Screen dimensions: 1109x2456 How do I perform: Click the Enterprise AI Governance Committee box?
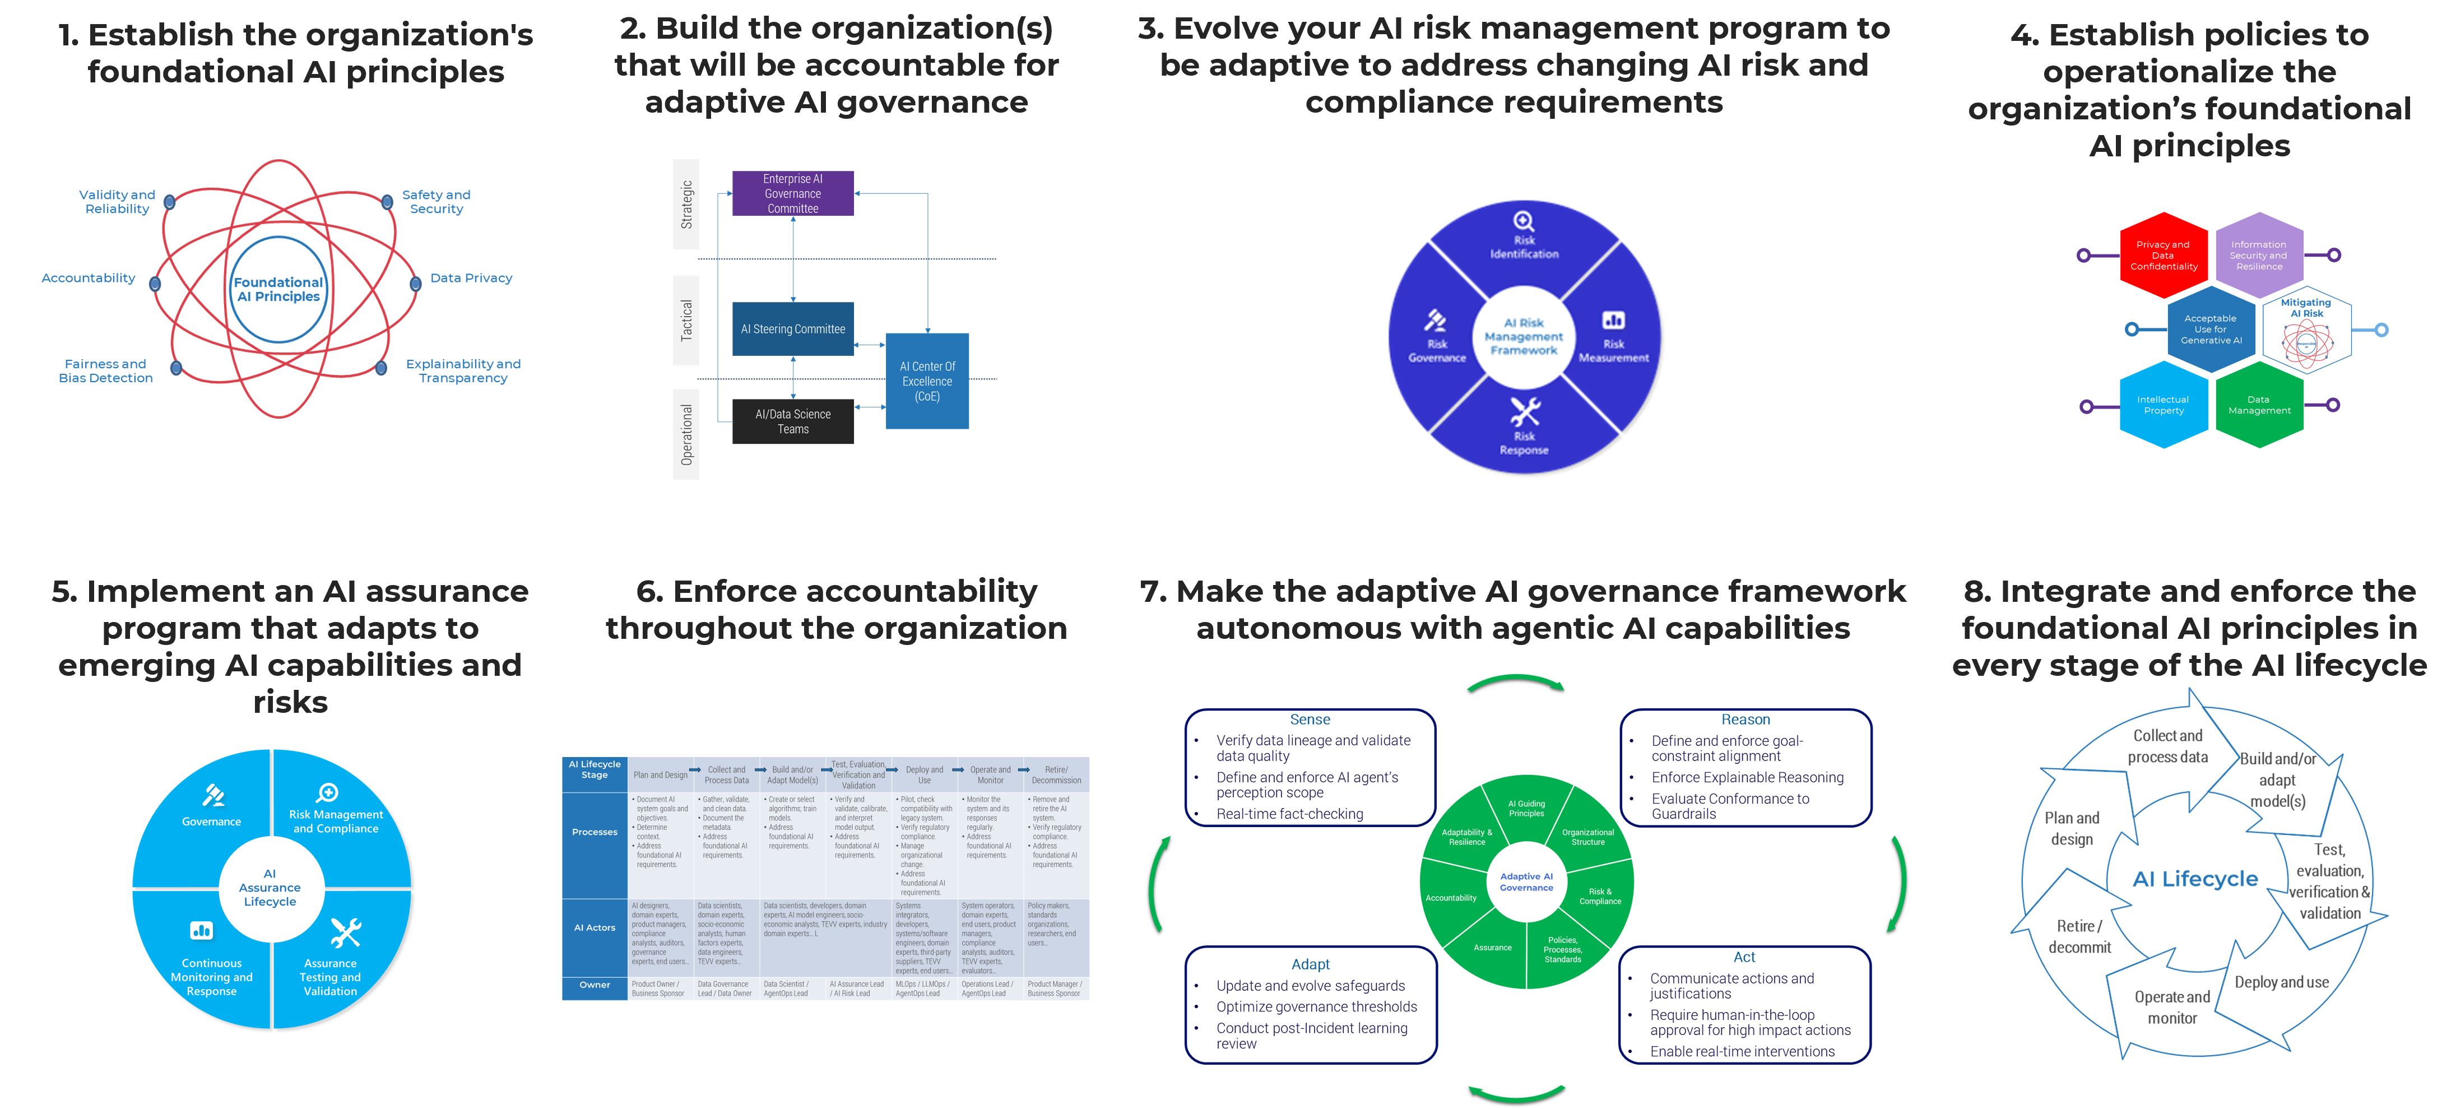[x=792, y=193]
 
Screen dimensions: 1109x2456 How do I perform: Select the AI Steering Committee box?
[x=792, y=329]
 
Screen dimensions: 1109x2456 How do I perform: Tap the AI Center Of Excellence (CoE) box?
[x=927, y=382]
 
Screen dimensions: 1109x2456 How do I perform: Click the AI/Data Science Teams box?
[x=792, y=421]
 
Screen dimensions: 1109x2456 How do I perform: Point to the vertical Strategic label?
[x=686, y=205]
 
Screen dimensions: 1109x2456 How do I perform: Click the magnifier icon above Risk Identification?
[x=1524, y=221]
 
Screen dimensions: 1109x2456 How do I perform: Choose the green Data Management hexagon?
[x=2259, y=405]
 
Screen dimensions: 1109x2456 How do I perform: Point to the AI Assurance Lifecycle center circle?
[x=270, y=888]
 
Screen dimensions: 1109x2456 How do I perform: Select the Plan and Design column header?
[x=660, y=775]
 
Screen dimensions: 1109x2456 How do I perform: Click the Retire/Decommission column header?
[x=1056, y=775]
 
